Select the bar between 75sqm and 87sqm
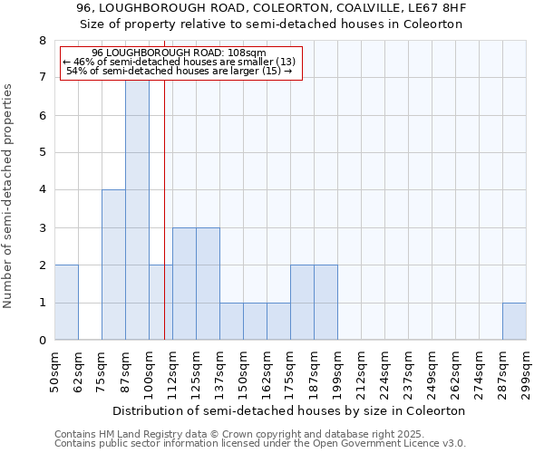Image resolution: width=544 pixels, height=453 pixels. point(113,265)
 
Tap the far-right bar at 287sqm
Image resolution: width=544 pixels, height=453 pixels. point(514,321)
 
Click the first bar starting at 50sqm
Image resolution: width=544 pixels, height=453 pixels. point(66,303)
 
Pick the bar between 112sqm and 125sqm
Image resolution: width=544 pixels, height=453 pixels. point(184,284)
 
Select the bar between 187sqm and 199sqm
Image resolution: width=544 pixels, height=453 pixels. point(325,303)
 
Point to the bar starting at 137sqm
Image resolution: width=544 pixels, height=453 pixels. point(231,321)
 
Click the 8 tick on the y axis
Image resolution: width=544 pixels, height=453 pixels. point(42,41)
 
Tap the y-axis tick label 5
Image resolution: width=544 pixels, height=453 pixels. point(42,153)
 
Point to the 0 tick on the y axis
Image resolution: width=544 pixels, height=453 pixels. point(42,341)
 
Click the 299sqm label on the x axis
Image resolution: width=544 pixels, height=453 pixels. point(526,372)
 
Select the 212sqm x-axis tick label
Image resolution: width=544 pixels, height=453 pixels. point(361,372)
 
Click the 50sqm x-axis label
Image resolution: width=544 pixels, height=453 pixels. point(54,372)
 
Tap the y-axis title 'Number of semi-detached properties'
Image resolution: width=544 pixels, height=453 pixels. point(8,195)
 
